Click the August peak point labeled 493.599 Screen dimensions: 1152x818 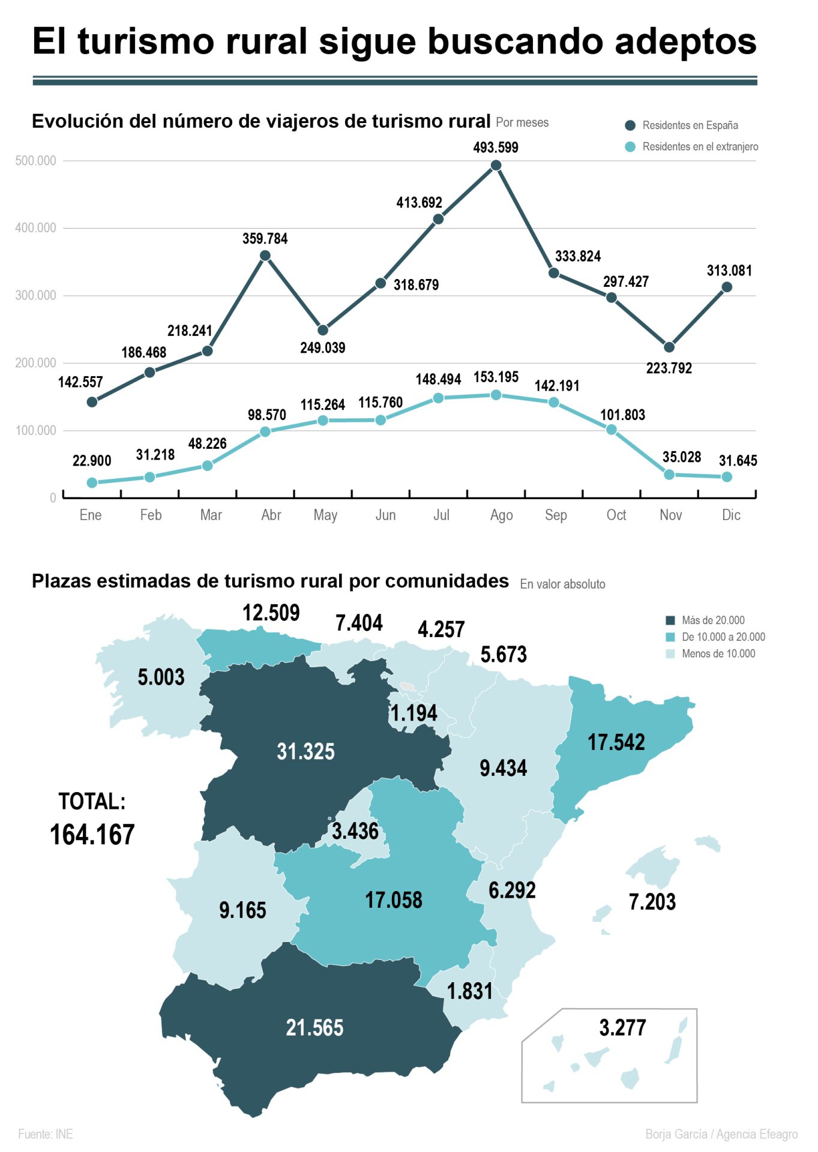(x=496, y=166)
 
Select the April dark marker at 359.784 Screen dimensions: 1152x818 (x=265, y=256)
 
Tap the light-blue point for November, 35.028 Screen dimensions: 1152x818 (x=669, y=475)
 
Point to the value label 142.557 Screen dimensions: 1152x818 (x=80, y=382)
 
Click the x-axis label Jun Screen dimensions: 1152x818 (x=385, y=515)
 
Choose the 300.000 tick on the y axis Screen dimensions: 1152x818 (x=35, y=295)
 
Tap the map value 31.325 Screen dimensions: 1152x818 (x=305, y=751)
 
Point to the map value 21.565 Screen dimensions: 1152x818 (x=314, y=1028)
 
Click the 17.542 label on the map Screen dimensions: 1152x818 (x=616, y=742)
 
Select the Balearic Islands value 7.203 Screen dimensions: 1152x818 (x=652, y=902)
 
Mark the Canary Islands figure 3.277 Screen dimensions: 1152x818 (x=622, y=1028)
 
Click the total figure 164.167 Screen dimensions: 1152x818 (x=92, y=835)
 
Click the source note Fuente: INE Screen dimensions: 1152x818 (x=46, y=1134)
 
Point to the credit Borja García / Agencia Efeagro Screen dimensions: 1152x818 (x=721, y=1134)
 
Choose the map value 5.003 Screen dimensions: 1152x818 (x=161, y=677)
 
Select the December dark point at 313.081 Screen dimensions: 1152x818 (x=727, y=287)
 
